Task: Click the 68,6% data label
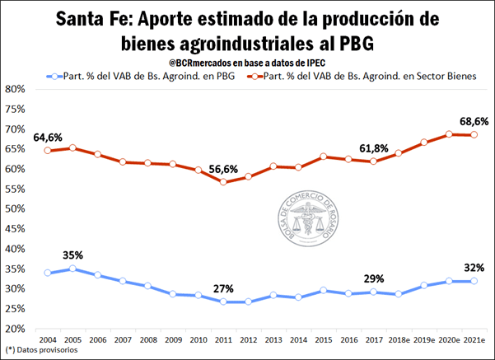point(474,121)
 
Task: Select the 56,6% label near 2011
point(224,170)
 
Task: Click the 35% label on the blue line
point(72,255)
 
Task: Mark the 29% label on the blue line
point(375,278)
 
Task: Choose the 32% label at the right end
point(474,267)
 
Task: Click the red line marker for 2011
point(223,182)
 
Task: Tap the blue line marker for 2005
point(72,269)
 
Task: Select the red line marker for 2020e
point(448,134)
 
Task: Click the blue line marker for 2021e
point(473,281)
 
